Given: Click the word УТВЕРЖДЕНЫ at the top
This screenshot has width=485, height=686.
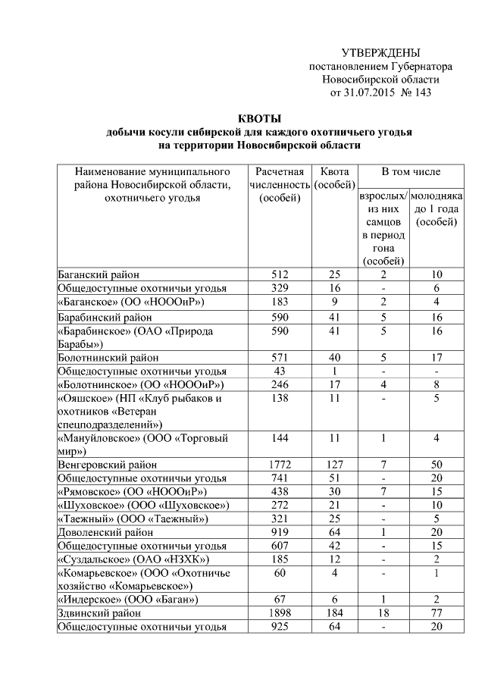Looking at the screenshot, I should click(380, 53).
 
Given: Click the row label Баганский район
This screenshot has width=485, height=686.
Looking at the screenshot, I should click(99, 275).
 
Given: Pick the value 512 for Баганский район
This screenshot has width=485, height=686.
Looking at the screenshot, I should click(280, 275).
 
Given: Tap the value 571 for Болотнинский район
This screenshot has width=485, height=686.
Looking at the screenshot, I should click(280, 358).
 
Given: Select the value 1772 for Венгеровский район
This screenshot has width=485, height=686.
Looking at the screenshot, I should click(280, 464).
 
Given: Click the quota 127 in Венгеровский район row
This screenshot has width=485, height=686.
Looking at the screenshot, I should click(334, 464).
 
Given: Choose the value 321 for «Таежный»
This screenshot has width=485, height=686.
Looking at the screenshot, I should click(280, 518).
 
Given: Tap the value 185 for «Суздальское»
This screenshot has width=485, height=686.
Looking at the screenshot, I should click(280, 559).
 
